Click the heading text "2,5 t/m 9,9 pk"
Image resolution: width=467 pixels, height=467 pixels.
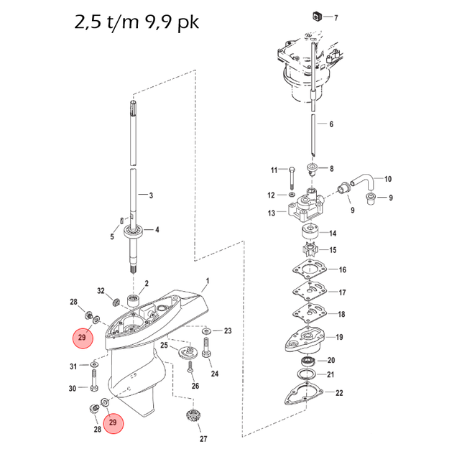(x=137, y=22)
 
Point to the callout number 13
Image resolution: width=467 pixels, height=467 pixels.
(x=272, y=213)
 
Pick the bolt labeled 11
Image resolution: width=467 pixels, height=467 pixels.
(x=292, y=173)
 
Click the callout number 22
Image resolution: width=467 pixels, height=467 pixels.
(x=340, y=392)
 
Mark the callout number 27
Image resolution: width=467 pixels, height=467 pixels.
(x=203, y=439)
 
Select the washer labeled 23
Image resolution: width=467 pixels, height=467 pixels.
(x=206, y=331)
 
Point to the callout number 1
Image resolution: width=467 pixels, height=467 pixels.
(x=207, y=279)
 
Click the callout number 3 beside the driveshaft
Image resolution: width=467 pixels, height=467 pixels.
(x=150, y=195)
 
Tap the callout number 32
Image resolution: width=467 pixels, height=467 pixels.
(x=101, y=291)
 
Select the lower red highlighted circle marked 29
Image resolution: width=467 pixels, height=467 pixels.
(x=112, y=423)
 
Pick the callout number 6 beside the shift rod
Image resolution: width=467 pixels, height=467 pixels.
(x=331, y=124)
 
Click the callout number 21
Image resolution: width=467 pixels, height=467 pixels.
(x=331, y=374)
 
